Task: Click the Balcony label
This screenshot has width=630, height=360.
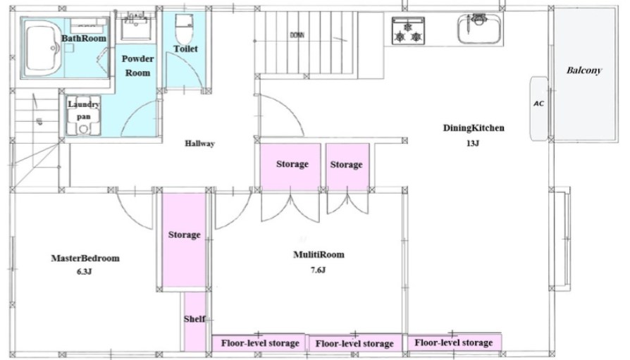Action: (x=583, y=70)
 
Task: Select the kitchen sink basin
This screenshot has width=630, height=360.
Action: (x=479, y=30)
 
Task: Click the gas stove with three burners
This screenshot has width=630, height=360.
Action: (x=408, y=31)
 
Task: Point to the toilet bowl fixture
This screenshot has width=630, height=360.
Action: (x=185, y=29)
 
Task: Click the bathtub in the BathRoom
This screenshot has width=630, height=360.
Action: (x=44, y=48)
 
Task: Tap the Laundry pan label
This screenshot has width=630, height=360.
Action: (x=84, y=111)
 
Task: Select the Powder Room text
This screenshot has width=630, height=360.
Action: (x=138, y=66)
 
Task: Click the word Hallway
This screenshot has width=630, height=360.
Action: (x=199, y=144)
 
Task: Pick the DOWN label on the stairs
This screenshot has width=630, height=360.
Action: (x=297, y=35)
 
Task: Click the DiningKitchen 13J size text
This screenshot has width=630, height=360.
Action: (x=473, y=143)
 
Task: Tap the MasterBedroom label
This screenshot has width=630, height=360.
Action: (x=85, y=258)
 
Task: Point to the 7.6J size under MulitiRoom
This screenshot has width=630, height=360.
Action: (x=318, y=270)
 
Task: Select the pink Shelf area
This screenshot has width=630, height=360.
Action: (x=195, y=321)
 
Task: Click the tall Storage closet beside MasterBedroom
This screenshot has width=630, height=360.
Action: (x=184, y=240)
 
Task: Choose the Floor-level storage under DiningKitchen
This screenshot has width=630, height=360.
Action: (x=454, y=342)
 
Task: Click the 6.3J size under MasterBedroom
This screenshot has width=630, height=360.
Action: (x=85, y=272)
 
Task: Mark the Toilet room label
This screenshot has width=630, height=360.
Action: (x=185, y=49)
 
